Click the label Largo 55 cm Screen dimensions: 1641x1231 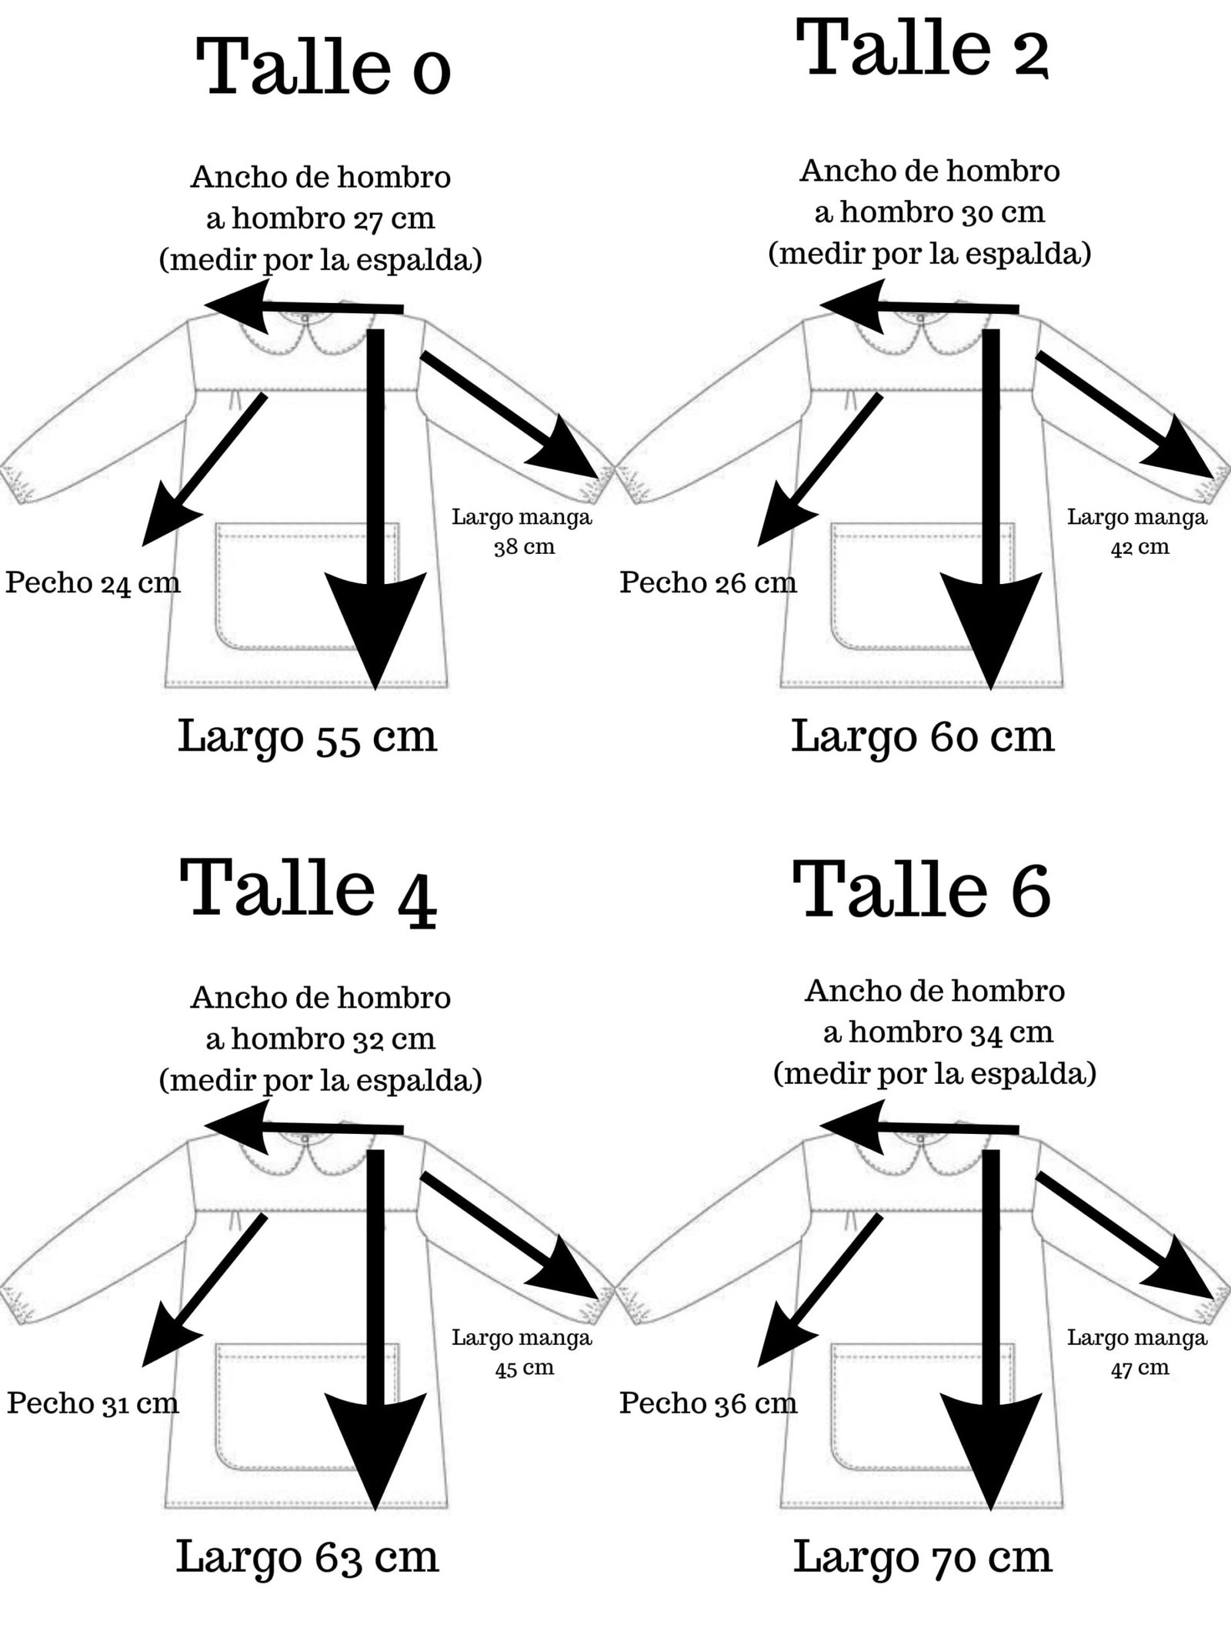click(x=307, y=736)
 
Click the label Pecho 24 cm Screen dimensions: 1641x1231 click(x=93, y=582)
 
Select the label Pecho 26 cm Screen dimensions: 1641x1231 click(x=708, y=582)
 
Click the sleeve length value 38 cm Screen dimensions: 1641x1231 click(x=524, y=547)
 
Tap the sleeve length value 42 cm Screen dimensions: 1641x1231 click(x=1139, y=547)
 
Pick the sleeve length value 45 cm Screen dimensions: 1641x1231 click(x=524, y=1367)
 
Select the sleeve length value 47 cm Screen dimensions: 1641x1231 click(x=1139, y=1367)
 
